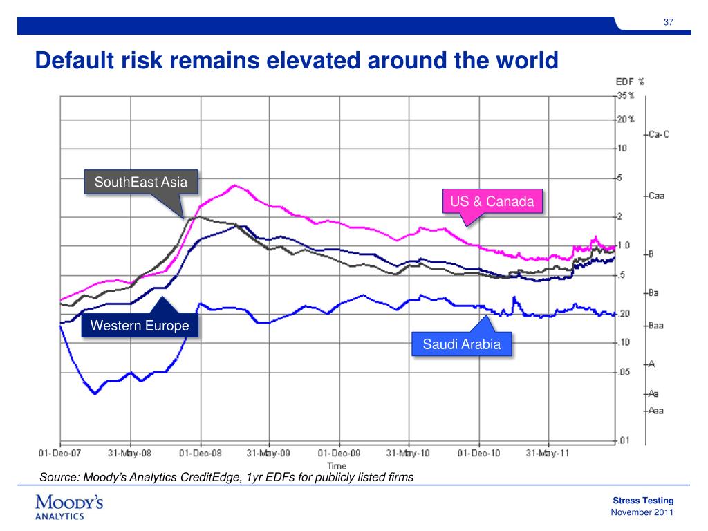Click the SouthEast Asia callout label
[x=141, y=182]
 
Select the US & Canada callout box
[x=492, y=201]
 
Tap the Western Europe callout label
[x=140, y=325]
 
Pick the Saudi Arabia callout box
[x=461, y=344]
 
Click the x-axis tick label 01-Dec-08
[x=201, y=453]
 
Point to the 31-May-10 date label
[x=408, y=453]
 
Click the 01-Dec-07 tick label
[x=59, y=453]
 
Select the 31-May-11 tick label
[x=548, y=453]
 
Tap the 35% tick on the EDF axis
[x=626, y=95]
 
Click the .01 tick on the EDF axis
[x=624, y=440]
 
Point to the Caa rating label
[x=657, y=196]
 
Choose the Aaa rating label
[x=656, y=411]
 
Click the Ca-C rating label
[x=659, y=134]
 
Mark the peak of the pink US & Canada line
[x=234, y=185]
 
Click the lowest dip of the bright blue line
[x=95, y=393]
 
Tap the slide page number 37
[x=669, y=21]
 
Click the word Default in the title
[x=75, y=60]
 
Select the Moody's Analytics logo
[x=69, y=507]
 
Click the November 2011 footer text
[x=642, y=512]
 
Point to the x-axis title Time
[x=337, y=465]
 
